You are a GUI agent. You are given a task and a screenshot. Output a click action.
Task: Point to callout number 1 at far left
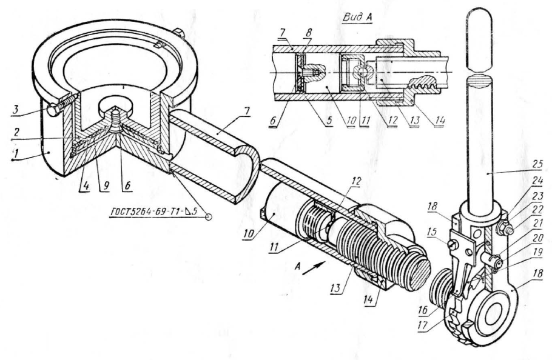(x=15, y=153)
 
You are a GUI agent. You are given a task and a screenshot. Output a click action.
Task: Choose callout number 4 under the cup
(x=84, y=186)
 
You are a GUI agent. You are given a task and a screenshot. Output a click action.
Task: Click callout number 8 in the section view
(x=308, y=34)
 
